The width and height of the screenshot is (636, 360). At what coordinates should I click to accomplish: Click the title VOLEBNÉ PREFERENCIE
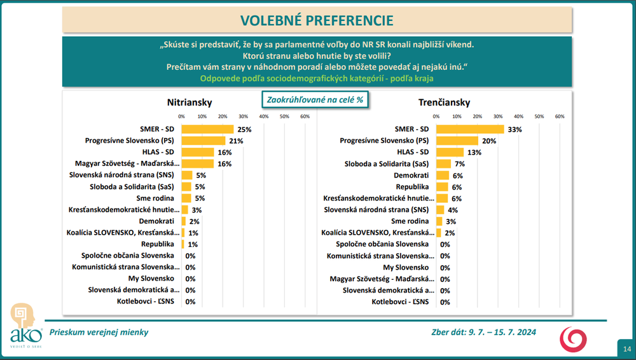click(x=317, y=20)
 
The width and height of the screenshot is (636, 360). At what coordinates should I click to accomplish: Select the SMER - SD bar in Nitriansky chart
click(x=208, y=129)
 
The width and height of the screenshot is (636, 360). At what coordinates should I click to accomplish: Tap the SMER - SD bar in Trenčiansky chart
click(x=470, y=129)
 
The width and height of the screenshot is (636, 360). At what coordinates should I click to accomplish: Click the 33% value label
click(x=515, y=130)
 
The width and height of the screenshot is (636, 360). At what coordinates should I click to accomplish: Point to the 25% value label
click(x=245, y=130)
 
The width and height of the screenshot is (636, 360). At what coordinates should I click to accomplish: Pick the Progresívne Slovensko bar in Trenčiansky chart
click(x=457, y=141)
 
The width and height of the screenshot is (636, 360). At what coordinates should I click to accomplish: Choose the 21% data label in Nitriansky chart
click(x=236, y=141)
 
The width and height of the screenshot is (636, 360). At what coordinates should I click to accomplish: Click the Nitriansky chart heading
click(x=190, y=102)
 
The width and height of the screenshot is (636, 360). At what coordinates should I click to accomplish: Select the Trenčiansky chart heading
click(x=444, y=102)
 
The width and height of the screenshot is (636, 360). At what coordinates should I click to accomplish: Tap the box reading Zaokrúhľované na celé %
click(x=315, y=99)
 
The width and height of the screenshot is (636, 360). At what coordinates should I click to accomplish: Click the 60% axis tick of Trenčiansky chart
click(x=560, y=116)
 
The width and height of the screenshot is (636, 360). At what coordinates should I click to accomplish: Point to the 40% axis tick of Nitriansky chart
click(x=264, y=116)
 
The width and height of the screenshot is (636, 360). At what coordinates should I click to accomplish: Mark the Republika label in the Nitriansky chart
click(x=157, y=244)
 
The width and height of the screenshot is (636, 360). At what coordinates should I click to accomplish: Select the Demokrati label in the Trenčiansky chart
click(x=411, y=176)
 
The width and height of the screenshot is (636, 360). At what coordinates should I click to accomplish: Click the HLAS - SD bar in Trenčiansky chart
click(x=450, y=152)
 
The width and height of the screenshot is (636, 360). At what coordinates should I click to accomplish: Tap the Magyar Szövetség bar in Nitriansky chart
click(x=198, y=163)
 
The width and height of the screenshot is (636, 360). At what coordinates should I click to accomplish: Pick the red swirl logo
click(x=573, y=339)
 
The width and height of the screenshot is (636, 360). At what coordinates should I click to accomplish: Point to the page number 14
click(x=627, y=349)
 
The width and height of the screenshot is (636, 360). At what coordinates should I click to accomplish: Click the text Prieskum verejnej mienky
click(x=99, y=332)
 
